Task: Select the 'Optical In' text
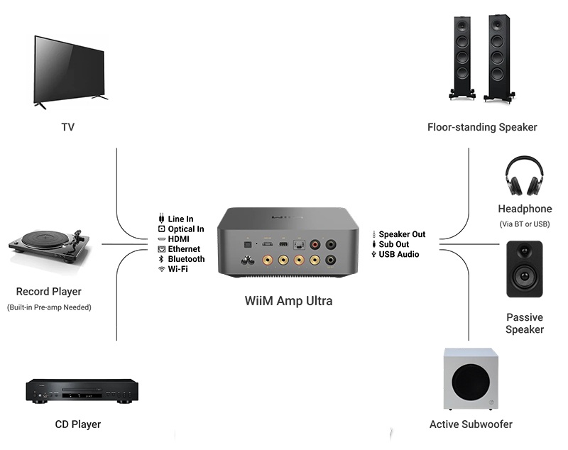[185, 229]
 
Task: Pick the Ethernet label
[184, 249]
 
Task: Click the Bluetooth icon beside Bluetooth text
[161, 259]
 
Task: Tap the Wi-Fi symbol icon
[161, 269]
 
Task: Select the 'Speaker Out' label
[402, 234]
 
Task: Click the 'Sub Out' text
[393, 244]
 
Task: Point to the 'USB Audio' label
[398, 254]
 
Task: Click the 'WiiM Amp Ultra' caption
[288, 301]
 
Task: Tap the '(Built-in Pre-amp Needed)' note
[49, 307]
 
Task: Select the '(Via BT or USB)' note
[525, 224]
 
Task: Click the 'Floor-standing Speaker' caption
[482, 127]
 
